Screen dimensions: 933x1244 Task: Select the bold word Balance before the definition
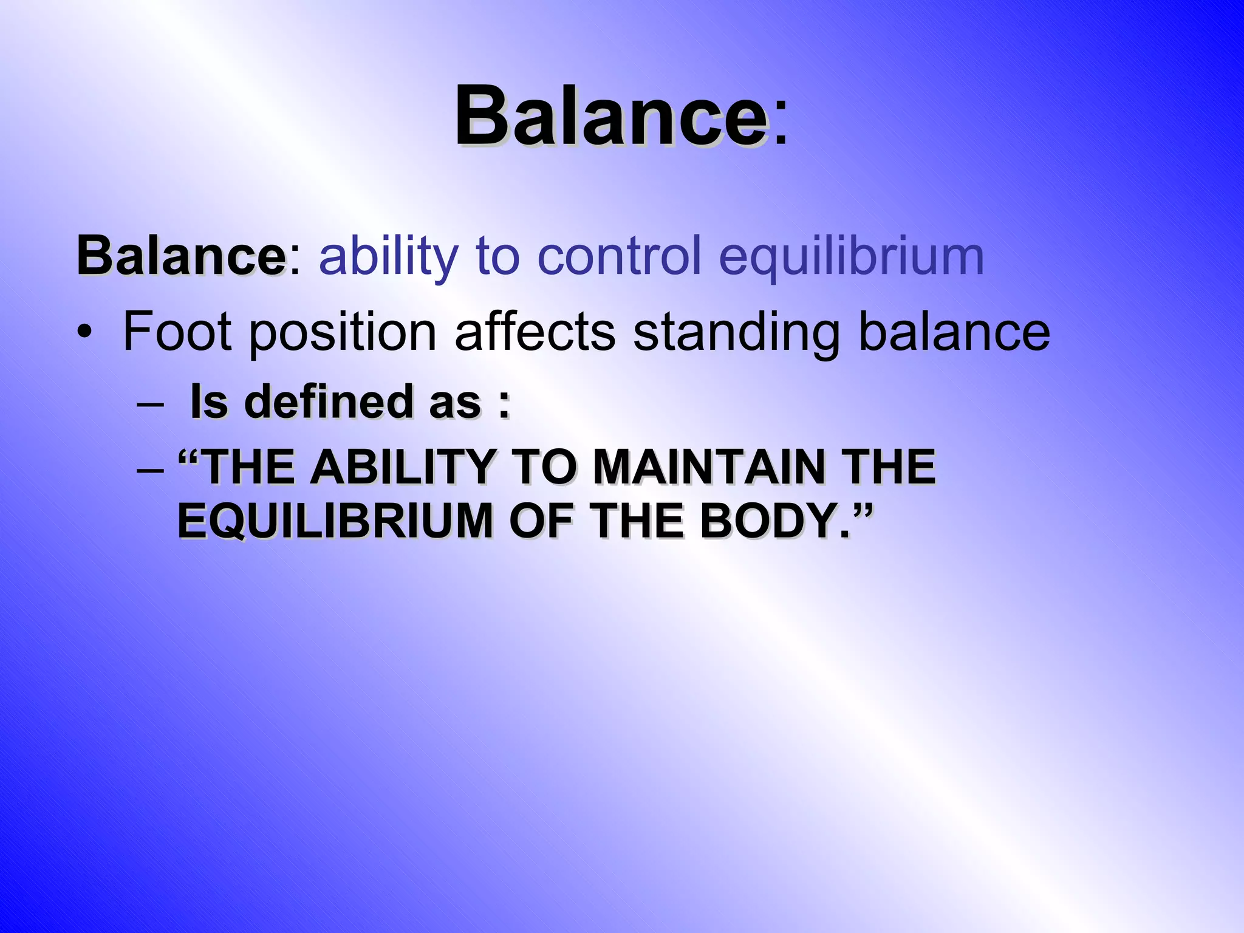[180, 256]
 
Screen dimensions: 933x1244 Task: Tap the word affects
[535, 332]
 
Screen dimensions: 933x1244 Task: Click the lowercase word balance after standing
[954, 332]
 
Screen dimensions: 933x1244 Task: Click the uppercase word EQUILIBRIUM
[335, 521]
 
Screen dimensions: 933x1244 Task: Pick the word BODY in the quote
[768, 521]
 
